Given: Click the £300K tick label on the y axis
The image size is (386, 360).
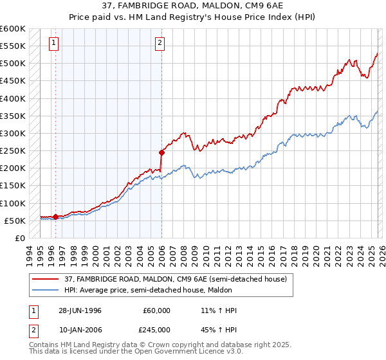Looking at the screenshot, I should [13, 133].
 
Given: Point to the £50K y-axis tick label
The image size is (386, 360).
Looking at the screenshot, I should [15, 221].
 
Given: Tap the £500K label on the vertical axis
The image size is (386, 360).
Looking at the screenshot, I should [13, 63].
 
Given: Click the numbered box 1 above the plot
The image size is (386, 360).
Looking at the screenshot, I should [53, 44].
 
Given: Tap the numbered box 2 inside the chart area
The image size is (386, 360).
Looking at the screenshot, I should [159, 44].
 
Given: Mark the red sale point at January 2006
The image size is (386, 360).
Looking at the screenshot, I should [161, 152].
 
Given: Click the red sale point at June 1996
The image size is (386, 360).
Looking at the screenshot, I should [56, 217].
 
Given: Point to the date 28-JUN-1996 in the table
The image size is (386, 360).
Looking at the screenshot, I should [80, 310].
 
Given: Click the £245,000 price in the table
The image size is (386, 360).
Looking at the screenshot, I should [157, 330].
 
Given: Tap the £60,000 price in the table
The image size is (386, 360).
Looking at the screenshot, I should [157, 310].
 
